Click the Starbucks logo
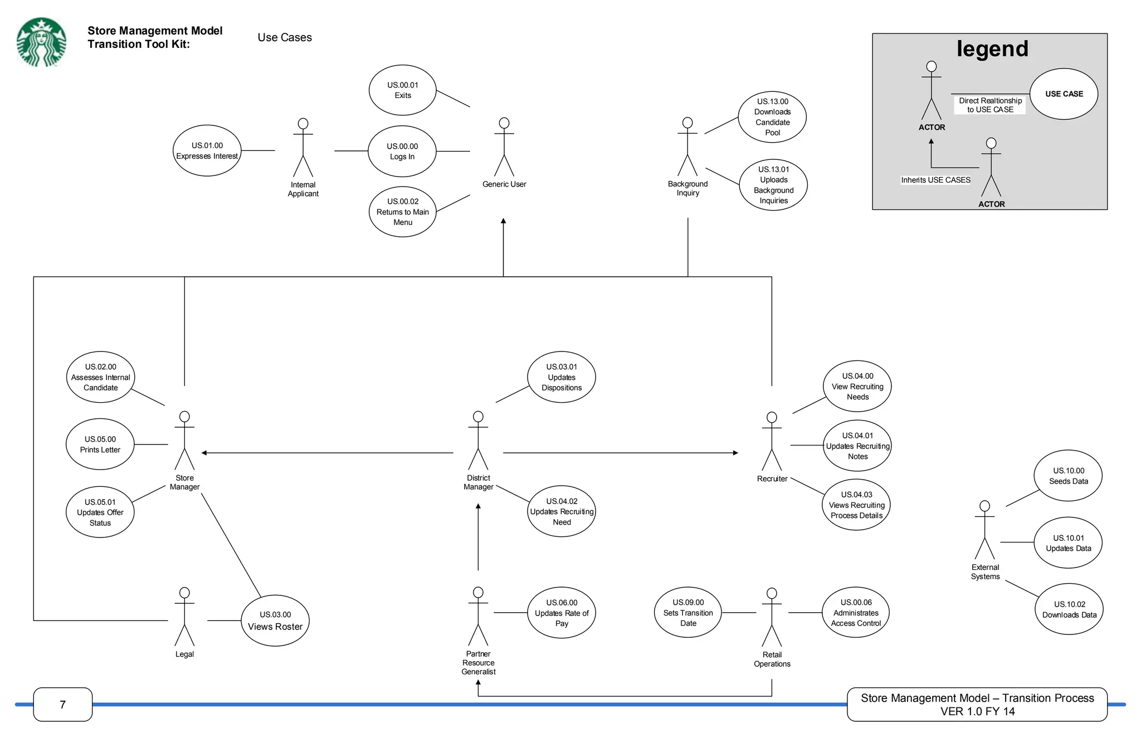tap(41, 42)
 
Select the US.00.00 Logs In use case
tap(402, 151)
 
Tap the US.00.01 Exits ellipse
tap(402, 90)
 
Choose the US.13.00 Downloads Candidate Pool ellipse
tap(772, 117)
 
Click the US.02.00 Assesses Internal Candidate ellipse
tap(100, 377)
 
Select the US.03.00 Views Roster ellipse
tap(275, 620)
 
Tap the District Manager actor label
tap(478, 482)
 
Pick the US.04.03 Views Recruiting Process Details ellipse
tap(856, 505)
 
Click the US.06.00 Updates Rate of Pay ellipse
tap(562, 613)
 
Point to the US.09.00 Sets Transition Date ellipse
tap(687, 613)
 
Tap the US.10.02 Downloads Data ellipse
tap(1069, 609)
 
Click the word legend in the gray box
tap(992, 49)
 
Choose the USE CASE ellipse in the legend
tap(1064, 94)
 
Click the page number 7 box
tap(63, 705)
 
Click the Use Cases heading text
tap(285, 37)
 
